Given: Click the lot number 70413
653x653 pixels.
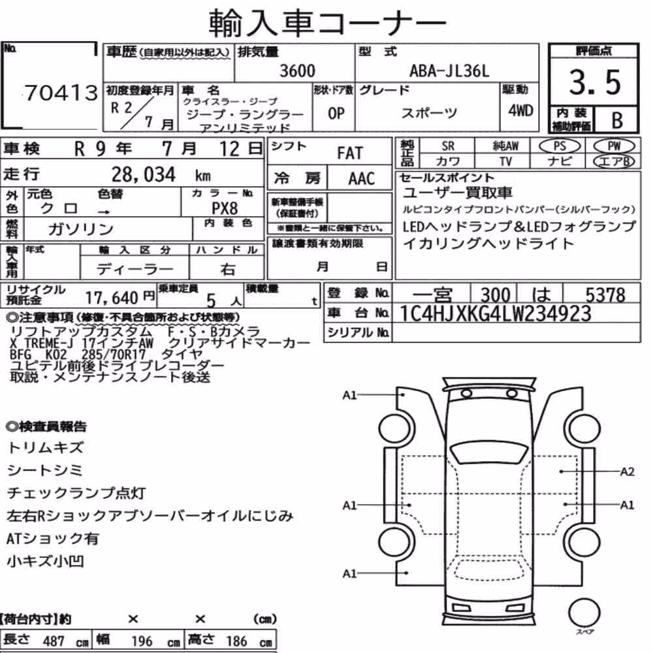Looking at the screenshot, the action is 61,93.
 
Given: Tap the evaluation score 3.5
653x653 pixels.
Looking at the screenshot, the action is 595,82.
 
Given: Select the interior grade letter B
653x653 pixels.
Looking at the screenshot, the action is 617,120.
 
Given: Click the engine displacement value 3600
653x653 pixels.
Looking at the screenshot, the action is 297,71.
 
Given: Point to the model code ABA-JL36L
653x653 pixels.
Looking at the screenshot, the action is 449,71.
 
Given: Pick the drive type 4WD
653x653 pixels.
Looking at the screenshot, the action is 520,111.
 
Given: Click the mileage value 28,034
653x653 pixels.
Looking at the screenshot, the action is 144,174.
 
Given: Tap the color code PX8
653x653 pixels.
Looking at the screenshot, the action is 225,208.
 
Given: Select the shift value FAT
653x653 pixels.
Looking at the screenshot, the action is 350,153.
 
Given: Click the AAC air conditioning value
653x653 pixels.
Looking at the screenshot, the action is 362,179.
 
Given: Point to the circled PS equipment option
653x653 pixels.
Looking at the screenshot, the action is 560,146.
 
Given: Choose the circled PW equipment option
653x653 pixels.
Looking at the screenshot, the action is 614,146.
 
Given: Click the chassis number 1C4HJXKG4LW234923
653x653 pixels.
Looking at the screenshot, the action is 495,313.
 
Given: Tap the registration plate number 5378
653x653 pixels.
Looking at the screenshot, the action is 605,295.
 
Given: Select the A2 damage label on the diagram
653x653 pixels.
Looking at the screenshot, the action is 627,472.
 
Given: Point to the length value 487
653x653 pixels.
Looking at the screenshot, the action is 54,641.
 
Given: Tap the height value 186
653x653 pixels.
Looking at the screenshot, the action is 236,641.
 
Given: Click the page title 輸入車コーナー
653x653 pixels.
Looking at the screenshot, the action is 327,22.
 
